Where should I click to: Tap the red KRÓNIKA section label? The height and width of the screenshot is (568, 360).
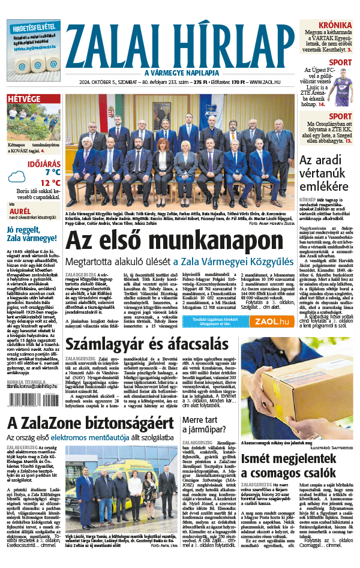(335, 25)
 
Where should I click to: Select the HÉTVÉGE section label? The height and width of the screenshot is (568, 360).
(25, 98)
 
